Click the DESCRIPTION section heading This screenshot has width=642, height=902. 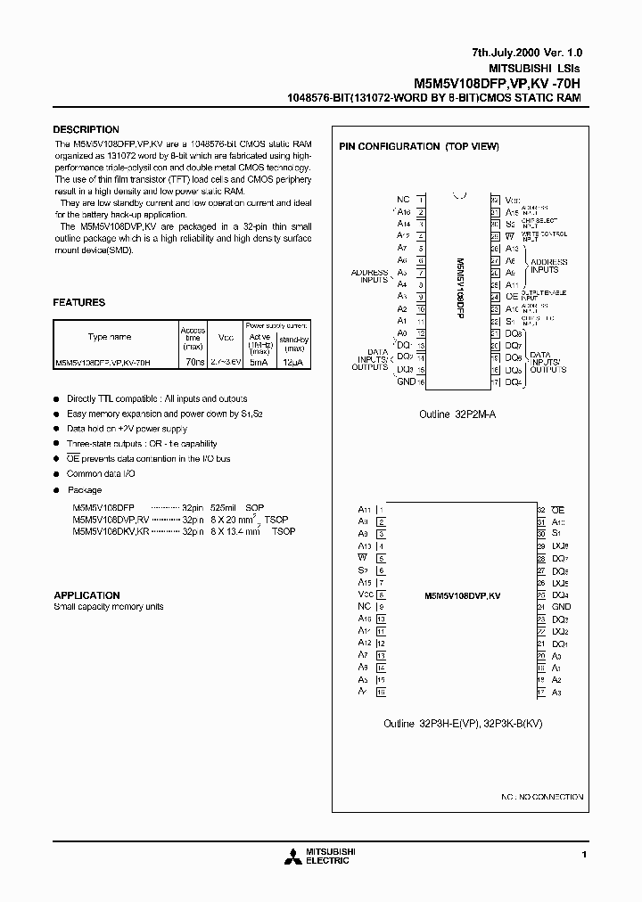point(86,130)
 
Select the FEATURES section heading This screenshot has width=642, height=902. point(79,303)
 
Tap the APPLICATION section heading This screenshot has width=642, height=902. point(86,595)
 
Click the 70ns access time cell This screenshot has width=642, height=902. point(193,363)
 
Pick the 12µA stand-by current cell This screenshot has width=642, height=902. point(293,363)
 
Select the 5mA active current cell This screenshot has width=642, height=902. point(259,363)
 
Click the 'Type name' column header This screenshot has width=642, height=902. point(109,337)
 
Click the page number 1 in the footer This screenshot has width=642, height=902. point(584,855)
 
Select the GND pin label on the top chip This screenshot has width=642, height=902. point(406,381)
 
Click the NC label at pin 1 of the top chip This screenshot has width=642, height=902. point(403,201)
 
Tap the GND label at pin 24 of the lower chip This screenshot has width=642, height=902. point(561,606)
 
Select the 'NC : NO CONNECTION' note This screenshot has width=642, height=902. point(542,796)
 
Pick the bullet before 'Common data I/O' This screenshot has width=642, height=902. point(57,474)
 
